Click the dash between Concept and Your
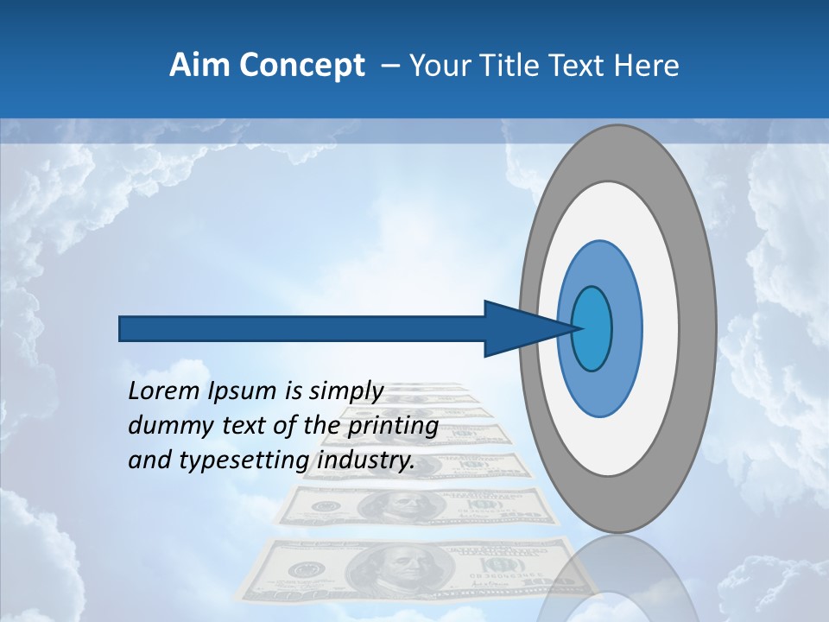click(x=390, y=66)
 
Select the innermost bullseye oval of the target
click(x=592, y=328)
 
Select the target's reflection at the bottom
click(x=617, y=579)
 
